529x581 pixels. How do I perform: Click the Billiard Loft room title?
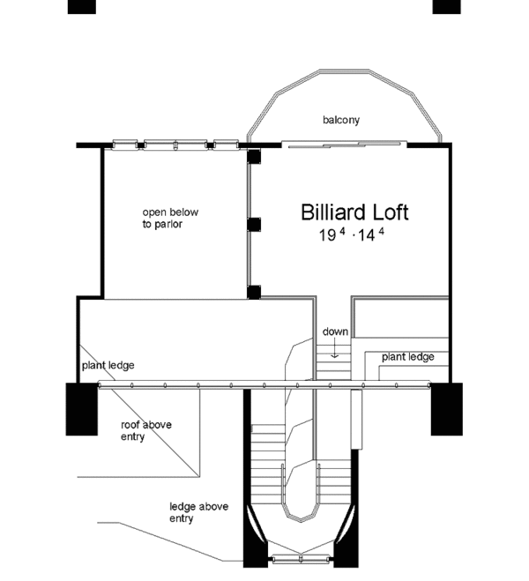coord(354,212)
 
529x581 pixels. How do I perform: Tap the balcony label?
coord(341,120)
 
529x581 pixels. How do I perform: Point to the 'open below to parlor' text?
coord(170,219)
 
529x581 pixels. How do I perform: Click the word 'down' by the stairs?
coord(335,331)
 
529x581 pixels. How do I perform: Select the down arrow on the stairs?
coord(335,348)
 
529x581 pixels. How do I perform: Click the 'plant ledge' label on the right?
coord(408,357)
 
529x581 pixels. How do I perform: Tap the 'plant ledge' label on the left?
coord(108,365)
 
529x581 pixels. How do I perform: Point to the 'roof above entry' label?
coord(146,430)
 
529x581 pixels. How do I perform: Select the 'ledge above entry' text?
coord(199,512)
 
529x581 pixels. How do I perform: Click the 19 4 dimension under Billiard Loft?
coord(332,235)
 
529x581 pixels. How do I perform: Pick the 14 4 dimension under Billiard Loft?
coord(371,235)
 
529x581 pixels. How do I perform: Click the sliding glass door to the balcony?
coord(344,144)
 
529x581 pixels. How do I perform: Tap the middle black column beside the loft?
coord(254,225)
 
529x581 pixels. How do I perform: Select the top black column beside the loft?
coord(254,156)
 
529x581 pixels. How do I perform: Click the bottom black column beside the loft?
coord(254,293)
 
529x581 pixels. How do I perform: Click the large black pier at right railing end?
coord(447,409)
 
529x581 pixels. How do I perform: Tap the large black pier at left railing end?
coord(82,409)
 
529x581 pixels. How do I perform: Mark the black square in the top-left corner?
coord(82,7)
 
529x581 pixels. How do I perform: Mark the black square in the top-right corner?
coord(447,7)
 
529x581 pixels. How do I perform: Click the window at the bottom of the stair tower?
coord(301,559)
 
